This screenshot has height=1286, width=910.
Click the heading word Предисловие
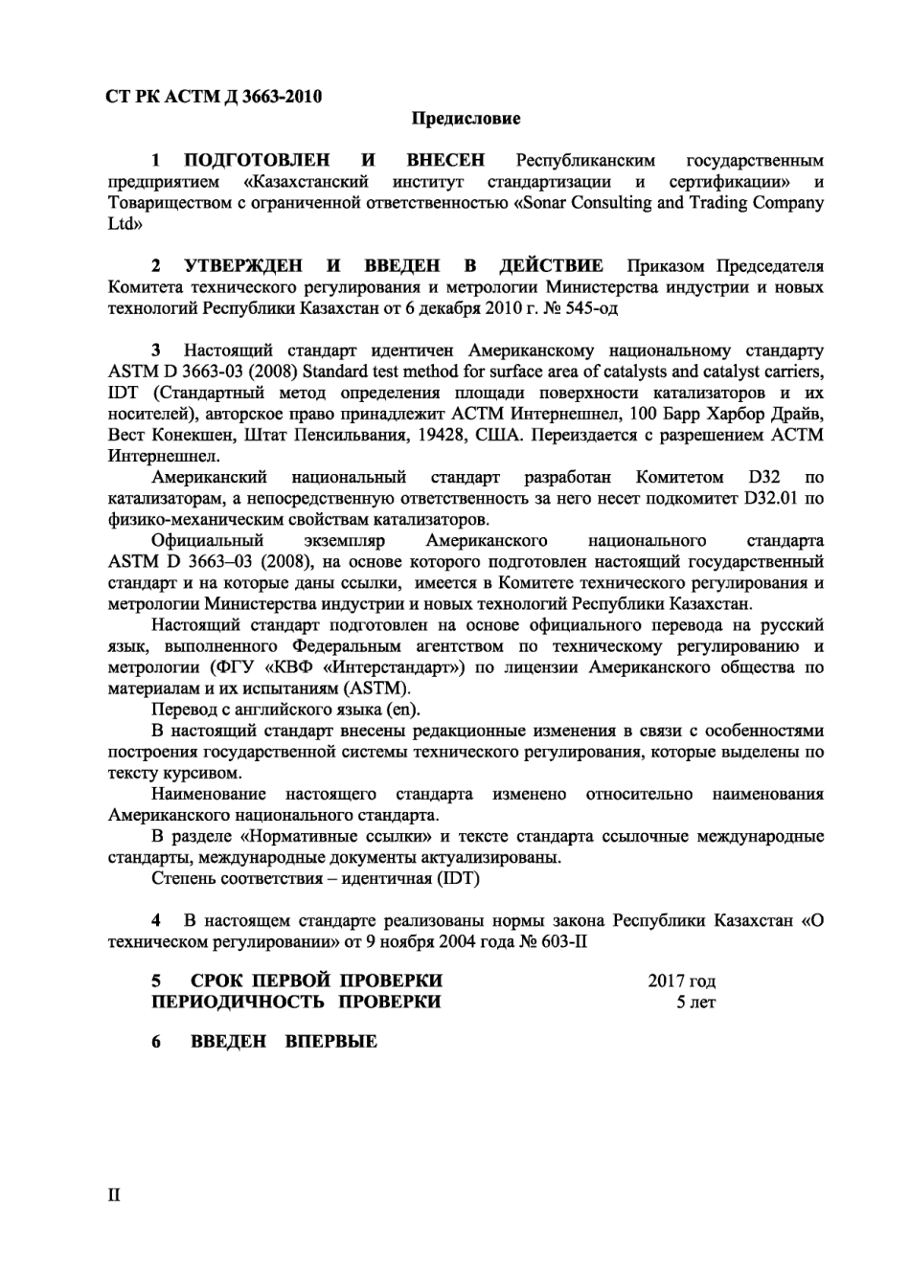pyautogui.click(x=466, y=119)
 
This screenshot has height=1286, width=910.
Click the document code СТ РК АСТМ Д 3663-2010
pyautogui.click(x=213, y=96)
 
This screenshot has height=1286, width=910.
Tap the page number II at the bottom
pyautogui.click(x=114, y=1195)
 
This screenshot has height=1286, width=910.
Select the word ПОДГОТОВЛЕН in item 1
pyautogui.click(x=256, y=160)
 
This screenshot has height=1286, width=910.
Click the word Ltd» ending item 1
pyautogui.click(x=125, y=224)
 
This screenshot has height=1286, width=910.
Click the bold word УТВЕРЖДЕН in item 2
pyautogui.click(x=243, y=265)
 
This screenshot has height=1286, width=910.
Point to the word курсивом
pyautogui.click(x=203, y=773)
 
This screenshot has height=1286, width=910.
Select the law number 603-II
pyautogui.click(x=564, y=942)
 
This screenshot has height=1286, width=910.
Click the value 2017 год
pyautogui.click(x=681, y=981)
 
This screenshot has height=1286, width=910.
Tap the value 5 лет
pyautogui.click(x=695, y=1003)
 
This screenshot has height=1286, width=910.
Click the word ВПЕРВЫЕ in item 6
pyautogui.click(x=330, y=1042)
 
